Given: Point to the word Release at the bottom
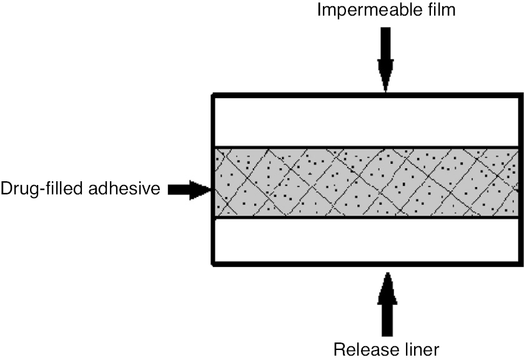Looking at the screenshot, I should coord(363,348).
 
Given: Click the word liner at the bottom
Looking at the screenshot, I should coord(422,348).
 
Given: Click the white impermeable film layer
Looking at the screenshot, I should coord(367,121).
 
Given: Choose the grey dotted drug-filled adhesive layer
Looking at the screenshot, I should coord(367,182).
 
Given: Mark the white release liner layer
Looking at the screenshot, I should coord(367,241).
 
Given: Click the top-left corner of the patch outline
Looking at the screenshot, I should coord(214,96).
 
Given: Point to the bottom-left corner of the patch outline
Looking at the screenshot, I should coord(214,264).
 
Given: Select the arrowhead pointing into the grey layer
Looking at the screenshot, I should coord(203,189).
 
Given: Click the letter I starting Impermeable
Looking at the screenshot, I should coord(320,11).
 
